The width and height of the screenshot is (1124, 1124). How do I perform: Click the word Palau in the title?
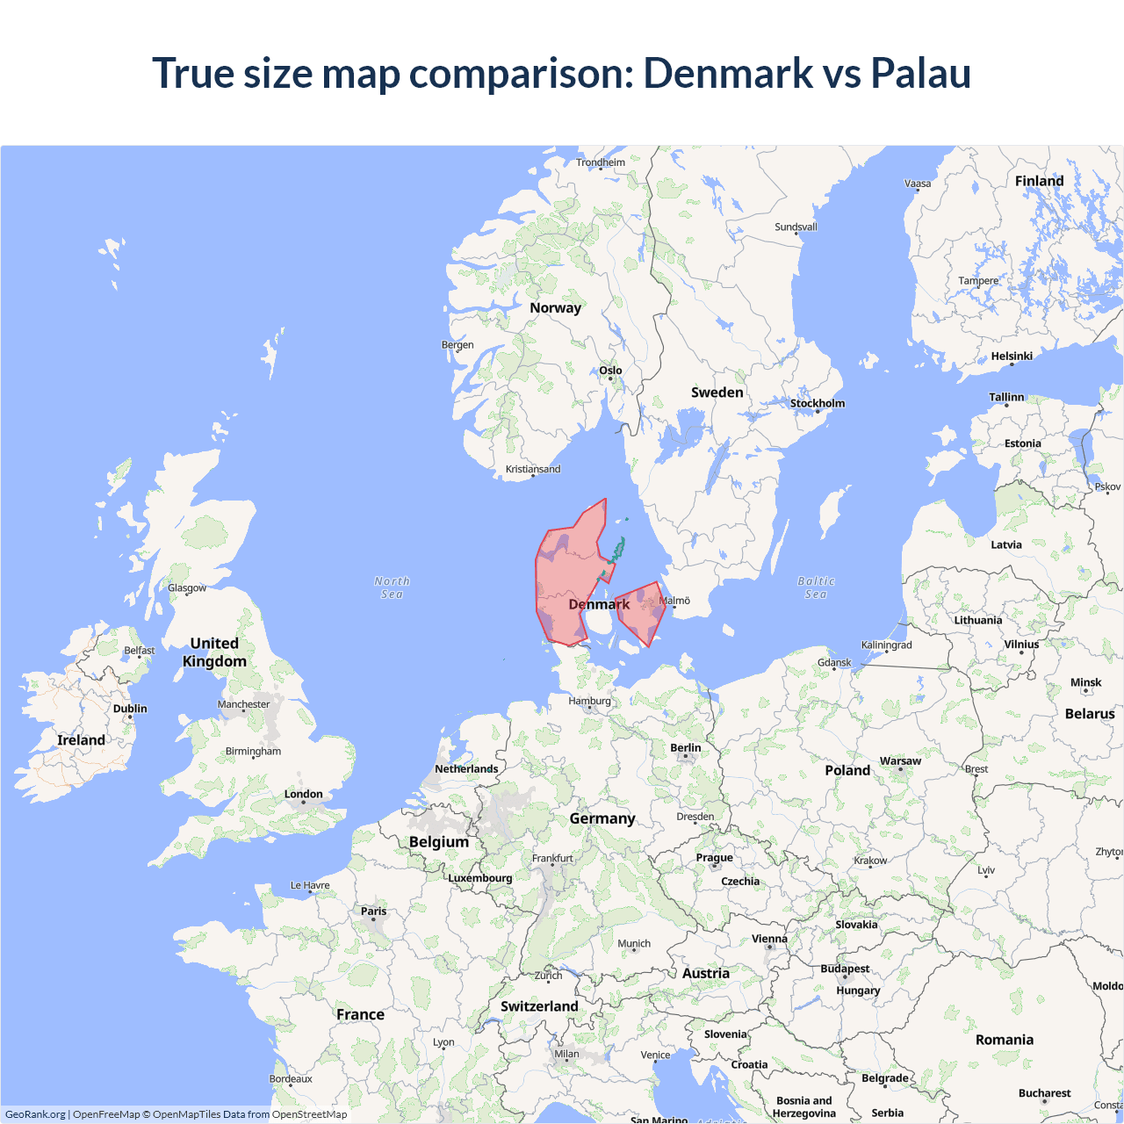[920, 73]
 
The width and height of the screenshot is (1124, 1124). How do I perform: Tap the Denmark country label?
[599, 604]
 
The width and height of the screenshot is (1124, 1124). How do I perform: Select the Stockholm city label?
[817, 403]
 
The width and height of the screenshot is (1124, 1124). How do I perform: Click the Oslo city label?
[610, 371]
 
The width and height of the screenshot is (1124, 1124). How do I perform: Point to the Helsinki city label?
[1012, 356]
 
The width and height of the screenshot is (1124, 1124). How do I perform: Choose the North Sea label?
[392, 587]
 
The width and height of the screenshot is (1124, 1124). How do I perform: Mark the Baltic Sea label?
[816, 587]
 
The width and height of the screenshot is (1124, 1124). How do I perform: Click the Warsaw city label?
[900, 760]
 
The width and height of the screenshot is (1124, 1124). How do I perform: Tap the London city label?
[303, 794]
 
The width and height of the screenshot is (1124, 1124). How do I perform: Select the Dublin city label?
[130, 709]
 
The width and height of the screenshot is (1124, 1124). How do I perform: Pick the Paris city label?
[373, 911]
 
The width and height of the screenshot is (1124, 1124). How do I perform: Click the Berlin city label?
[685, 747]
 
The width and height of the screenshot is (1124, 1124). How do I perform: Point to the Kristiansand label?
[532, 469]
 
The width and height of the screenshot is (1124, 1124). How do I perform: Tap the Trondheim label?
[601, 162]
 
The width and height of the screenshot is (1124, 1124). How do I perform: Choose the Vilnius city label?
[1021, 644]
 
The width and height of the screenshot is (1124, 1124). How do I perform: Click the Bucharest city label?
[1044, 1093]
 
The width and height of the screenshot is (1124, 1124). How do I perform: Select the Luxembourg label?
[479, 877]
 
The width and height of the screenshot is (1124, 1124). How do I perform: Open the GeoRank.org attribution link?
[35, 1114]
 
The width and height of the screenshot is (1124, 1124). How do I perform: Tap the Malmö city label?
[675, 601]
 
